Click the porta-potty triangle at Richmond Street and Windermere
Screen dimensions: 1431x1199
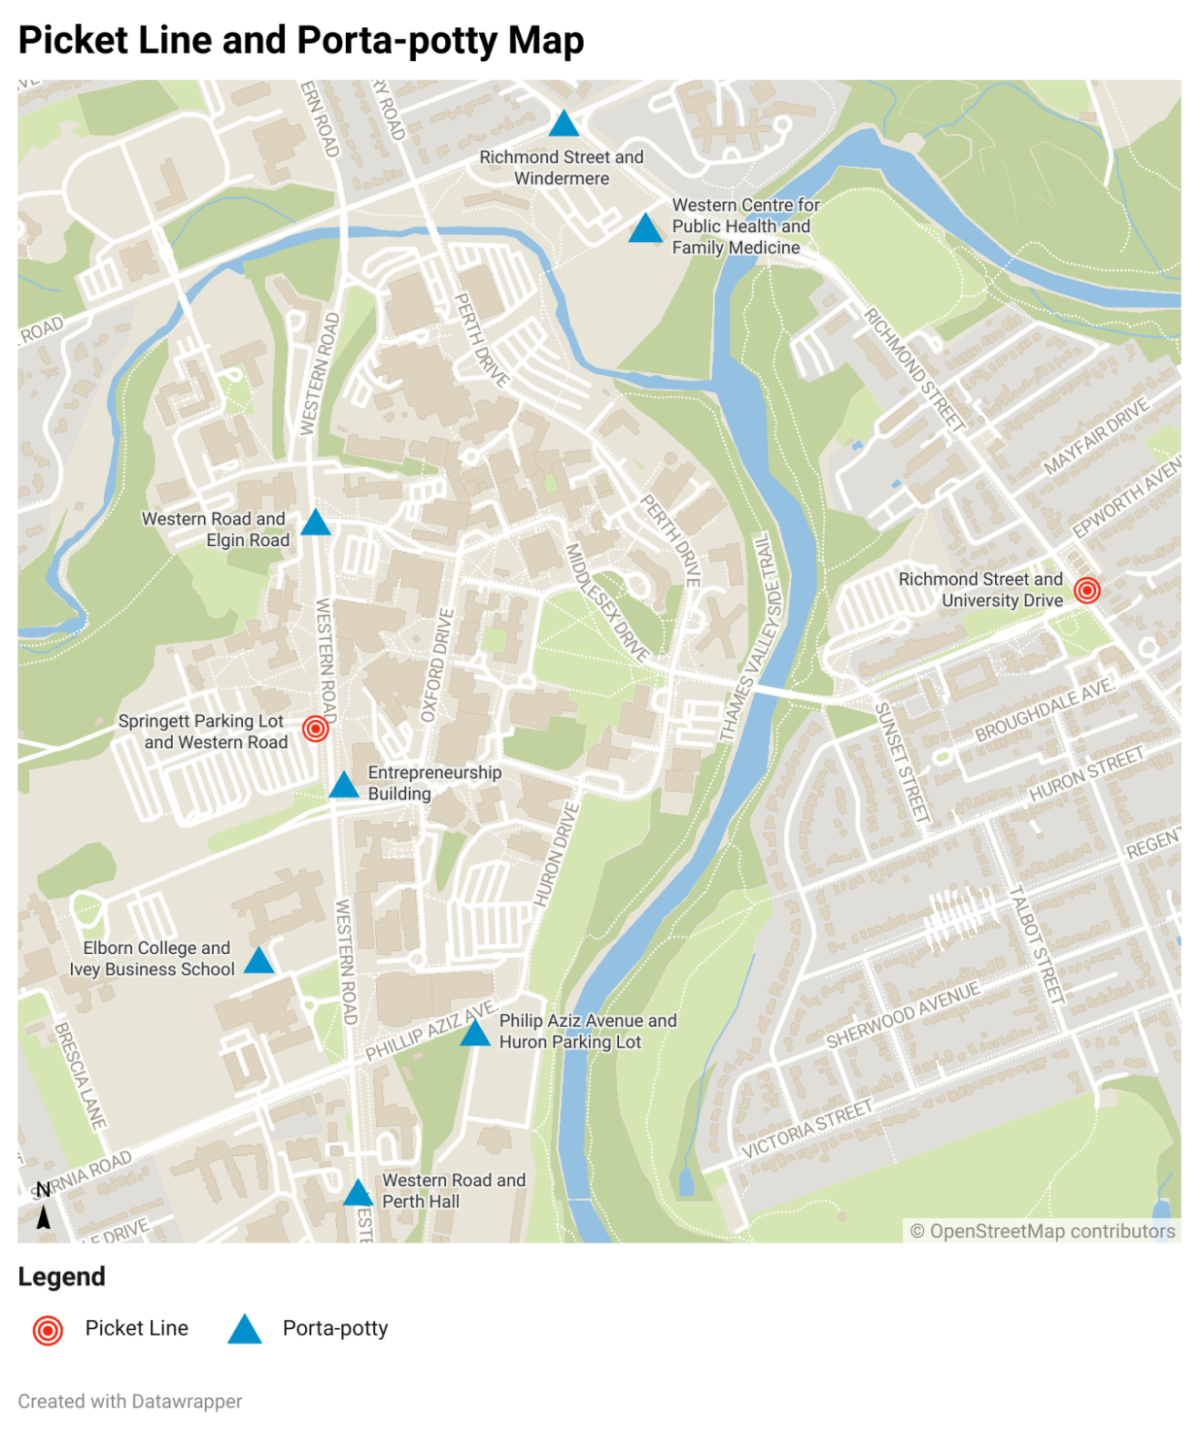564,124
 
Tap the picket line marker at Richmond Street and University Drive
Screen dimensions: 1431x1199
1086,590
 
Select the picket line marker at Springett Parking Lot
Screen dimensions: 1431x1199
315,728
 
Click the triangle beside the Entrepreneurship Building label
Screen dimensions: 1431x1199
344,785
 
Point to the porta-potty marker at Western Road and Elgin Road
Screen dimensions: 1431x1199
315,523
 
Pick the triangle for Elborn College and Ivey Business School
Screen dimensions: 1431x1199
259,960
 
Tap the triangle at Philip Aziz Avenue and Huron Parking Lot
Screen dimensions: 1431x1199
474,1032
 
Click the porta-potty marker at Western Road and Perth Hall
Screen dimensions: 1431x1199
358,1192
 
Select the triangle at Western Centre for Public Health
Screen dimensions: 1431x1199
645,228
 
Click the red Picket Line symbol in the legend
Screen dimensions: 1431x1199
47,1330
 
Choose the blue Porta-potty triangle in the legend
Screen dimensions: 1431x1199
244,1329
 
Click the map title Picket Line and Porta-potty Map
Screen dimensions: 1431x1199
300,41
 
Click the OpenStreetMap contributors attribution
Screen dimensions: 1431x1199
1042,1231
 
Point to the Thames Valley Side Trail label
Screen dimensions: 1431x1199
752,637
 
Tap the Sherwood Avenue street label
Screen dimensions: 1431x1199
902,1014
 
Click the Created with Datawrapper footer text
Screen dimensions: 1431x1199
130,1401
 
